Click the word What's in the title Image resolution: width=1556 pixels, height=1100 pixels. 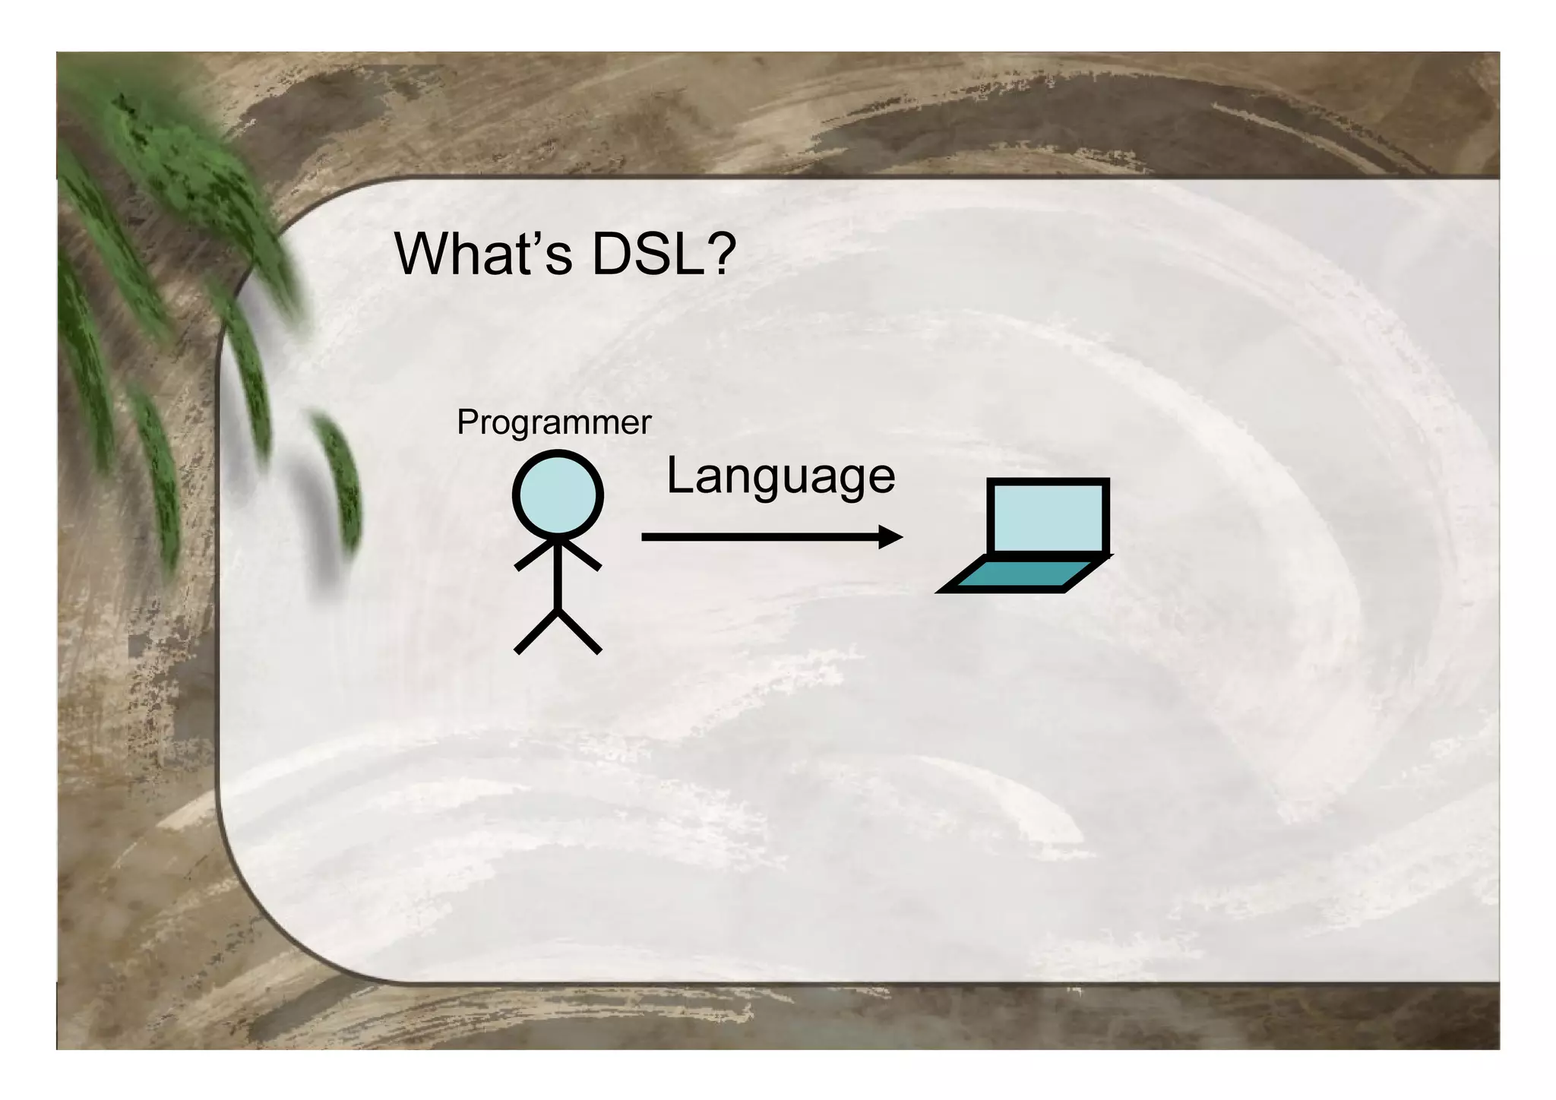click(483, 254)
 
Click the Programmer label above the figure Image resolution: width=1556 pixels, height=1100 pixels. click(554, 422)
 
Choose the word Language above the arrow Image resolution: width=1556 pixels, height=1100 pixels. click(780, 477)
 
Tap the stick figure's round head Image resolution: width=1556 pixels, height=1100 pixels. click(558, 495)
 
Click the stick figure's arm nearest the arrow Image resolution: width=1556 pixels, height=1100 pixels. click(581, 555)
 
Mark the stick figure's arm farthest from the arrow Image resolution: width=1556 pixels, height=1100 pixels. click(535, 555)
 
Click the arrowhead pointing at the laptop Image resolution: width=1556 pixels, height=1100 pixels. click(890, 537)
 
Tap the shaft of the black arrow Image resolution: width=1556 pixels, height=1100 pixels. click(760, 537)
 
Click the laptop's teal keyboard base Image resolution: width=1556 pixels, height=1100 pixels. click(1022, 575)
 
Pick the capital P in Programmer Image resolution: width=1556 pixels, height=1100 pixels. click(466, 422)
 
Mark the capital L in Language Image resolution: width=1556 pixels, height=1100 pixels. click(678, 476)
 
